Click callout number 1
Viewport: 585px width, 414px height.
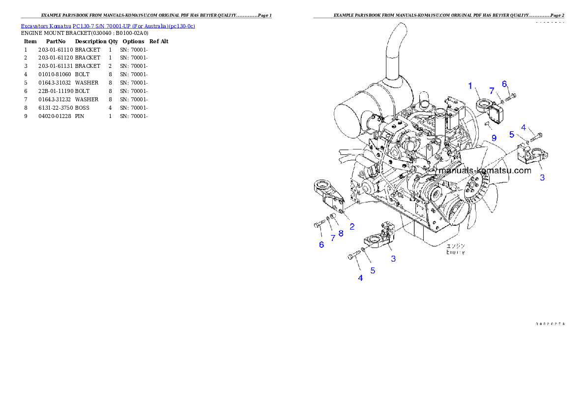(x=470, y=86)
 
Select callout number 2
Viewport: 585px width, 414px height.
(x=352, y=227)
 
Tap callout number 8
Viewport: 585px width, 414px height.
(x=341, y=233)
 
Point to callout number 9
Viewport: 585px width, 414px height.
(x=494, y=138)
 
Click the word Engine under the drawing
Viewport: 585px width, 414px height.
(x=456, y=252)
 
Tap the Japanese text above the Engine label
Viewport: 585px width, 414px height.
(x=456, y=245)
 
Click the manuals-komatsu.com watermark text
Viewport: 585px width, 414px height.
(x=485, y=171)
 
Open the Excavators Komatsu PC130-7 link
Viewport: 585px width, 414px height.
(x=108, y=26)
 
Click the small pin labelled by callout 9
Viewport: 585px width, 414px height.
(x=487, y=123)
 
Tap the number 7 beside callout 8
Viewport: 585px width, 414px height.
(x=333, y=238)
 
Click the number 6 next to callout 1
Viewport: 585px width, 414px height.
(x=504, y=84)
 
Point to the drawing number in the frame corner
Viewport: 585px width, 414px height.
(x=550, y=324)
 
